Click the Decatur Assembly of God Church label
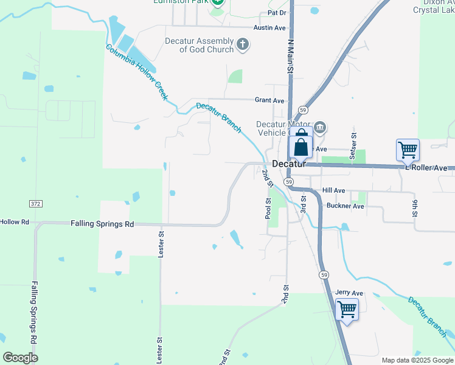[x=199, y=45]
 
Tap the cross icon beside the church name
[x=243, y=44]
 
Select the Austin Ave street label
[x=271, y=28]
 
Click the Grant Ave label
[x=269, y=100]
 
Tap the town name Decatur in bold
[x=288, y=164]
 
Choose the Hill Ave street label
[x=334, y=190]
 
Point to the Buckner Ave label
[x=345, y=206]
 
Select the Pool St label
[x=268, y=208]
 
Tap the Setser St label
[x=353, y=147]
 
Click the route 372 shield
[x=36, y=203]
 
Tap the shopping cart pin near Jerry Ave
[x=347, y=310]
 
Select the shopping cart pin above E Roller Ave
[x=408, y=149]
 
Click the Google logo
[x=21, y=357]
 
